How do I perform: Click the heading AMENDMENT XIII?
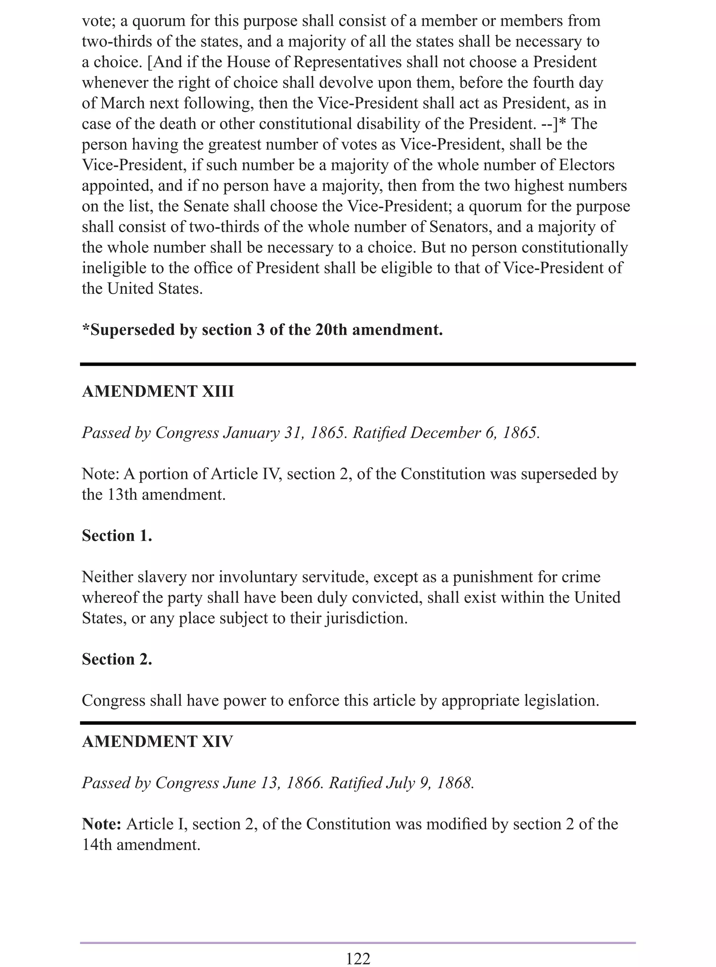(158, 391)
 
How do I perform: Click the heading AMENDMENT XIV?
(157, 742)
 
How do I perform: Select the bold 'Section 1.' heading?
(117, 536)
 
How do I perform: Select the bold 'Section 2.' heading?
(117, 659)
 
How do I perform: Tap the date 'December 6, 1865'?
(474, 433)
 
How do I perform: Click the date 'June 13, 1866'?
(273, 783)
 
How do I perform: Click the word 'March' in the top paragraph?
(123, 103)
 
